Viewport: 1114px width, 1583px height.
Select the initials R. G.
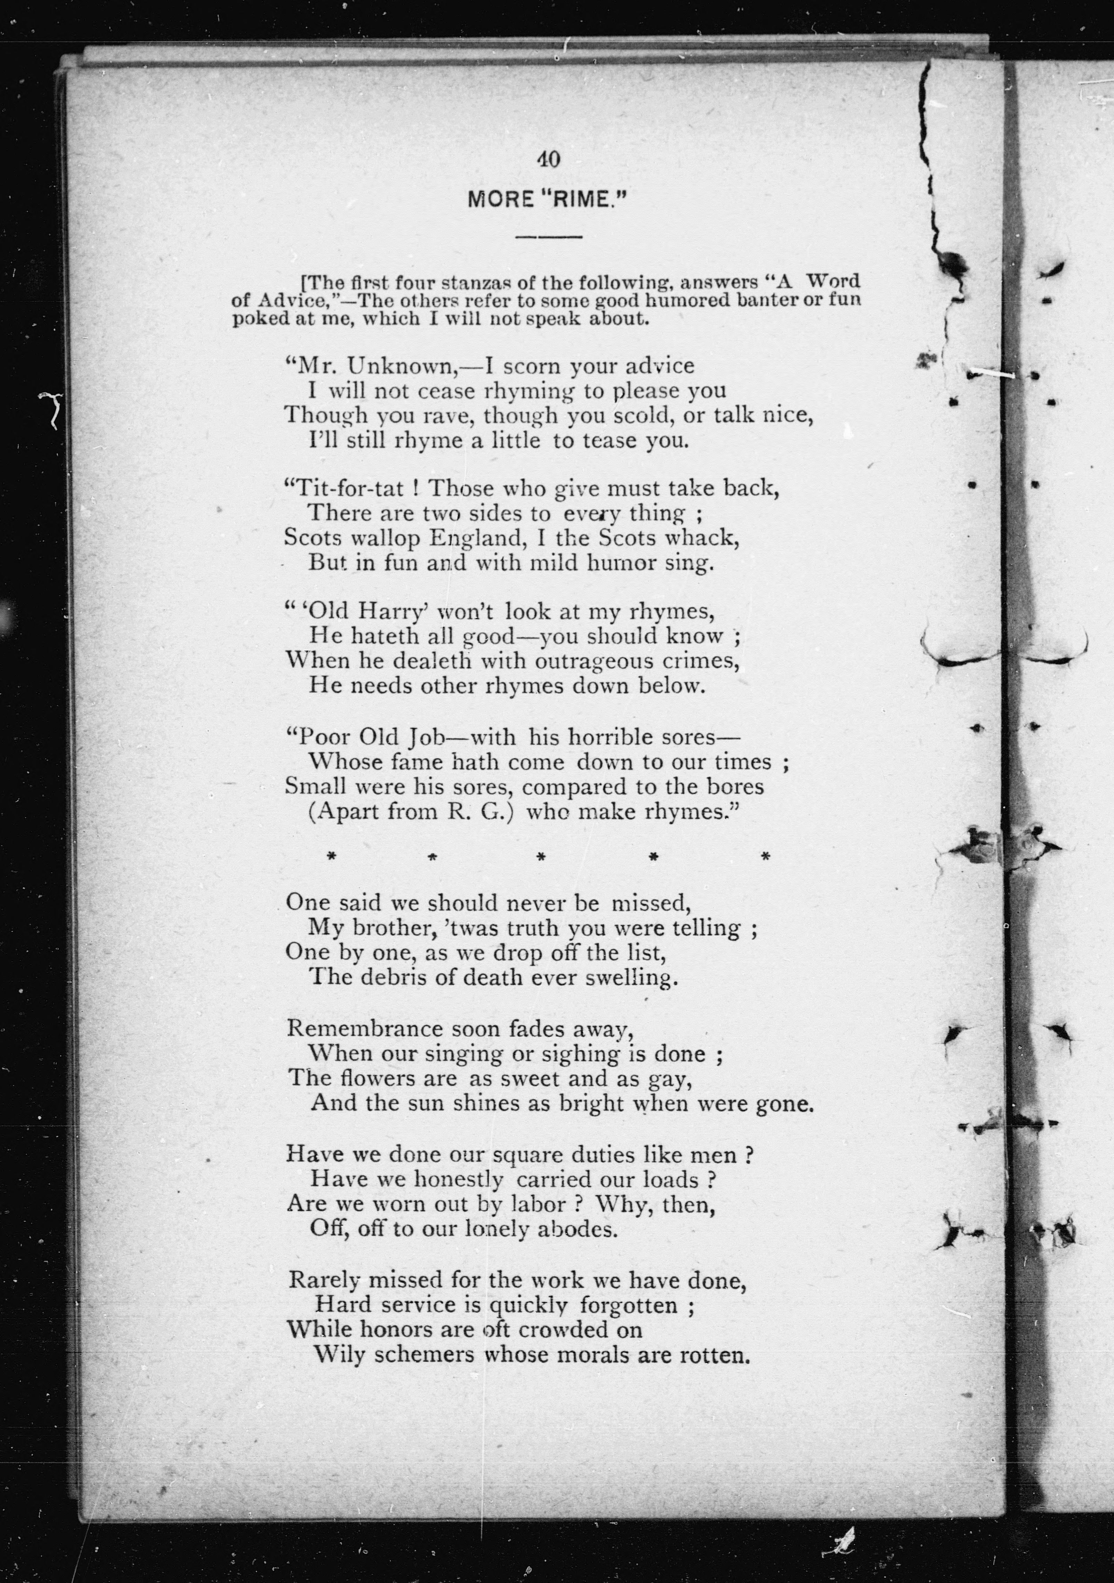point(481,812)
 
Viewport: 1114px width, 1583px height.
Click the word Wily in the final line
point(338,1356)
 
